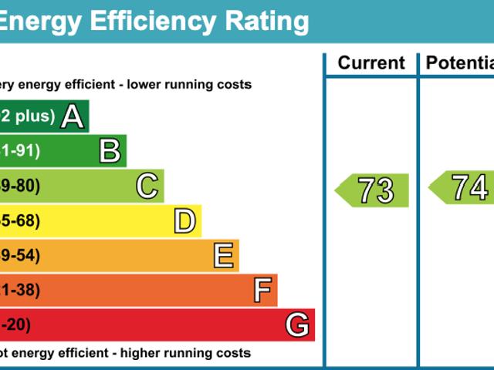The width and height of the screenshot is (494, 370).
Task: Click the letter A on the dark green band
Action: [x=72, y=116]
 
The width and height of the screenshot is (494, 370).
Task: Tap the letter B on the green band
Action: [x=110, y=151]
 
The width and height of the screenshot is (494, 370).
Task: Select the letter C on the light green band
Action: [x=147, y=187]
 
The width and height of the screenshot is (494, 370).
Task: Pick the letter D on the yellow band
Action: [x=184, y=222]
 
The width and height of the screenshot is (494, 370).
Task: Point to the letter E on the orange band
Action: [x=223, y=256]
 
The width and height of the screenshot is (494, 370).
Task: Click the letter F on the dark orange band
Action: [x=262, y=291]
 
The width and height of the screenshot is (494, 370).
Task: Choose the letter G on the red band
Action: [x=298, y=325]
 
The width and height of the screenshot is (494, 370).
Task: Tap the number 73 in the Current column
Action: [x=376, y=190]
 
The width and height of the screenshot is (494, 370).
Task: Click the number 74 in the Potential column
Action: [x=469, y=187]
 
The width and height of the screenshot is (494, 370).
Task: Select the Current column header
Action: [x=371, y=63]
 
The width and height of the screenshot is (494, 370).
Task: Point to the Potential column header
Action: [x=460, y=63]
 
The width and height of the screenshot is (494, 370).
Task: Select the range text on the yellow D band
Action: [x=20, y=221]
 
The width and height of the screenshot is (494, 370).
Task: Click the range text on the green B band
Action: [x=20, y=151]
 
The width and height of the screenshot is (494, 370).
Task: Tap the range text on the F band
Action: [x=20, y=291]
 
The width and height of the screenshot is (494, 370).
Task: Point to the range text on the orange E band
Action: [x=20, y=256]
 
